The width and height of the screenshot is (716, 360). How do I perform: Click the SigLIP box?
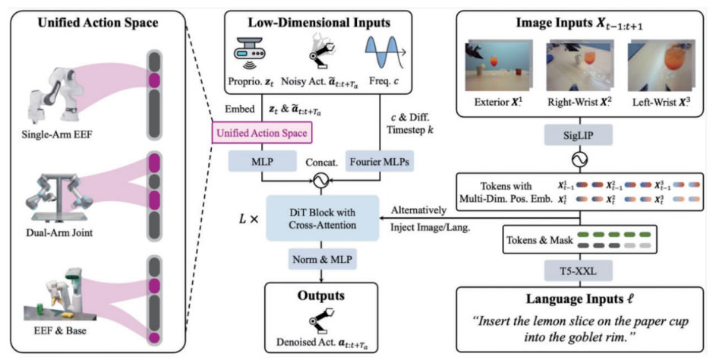pos(578,134)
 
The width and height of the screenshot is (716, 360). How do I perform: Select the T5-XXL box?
pos(578,271)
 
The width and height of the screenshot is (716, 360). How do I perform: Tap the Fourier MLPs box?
pos(380,161)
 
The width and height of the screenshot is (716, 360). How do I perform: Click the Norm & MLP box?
pos(322,260)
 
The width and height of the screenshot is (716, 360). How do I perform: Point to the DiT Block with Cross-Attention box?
pos(323,219)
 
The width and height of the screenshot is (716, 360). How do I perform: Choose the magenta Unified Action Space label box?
pos(262,133)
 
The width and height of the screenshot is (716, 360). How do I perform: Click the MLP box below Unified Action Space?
pos(262,161)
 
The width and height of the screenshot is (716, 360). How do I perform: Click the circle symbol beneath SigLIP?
pos(579,159)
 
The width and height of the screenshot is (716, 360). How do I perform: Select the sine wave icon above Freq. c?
pos(386,52)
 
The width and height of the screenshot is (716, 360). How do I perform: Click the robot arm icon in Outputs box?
pos(321,321)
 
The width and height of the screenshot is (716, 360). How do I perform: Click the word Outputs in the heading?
pos(321,295)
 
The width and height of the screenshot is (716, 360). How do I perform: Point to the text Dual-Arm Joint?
pos(59,232)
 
